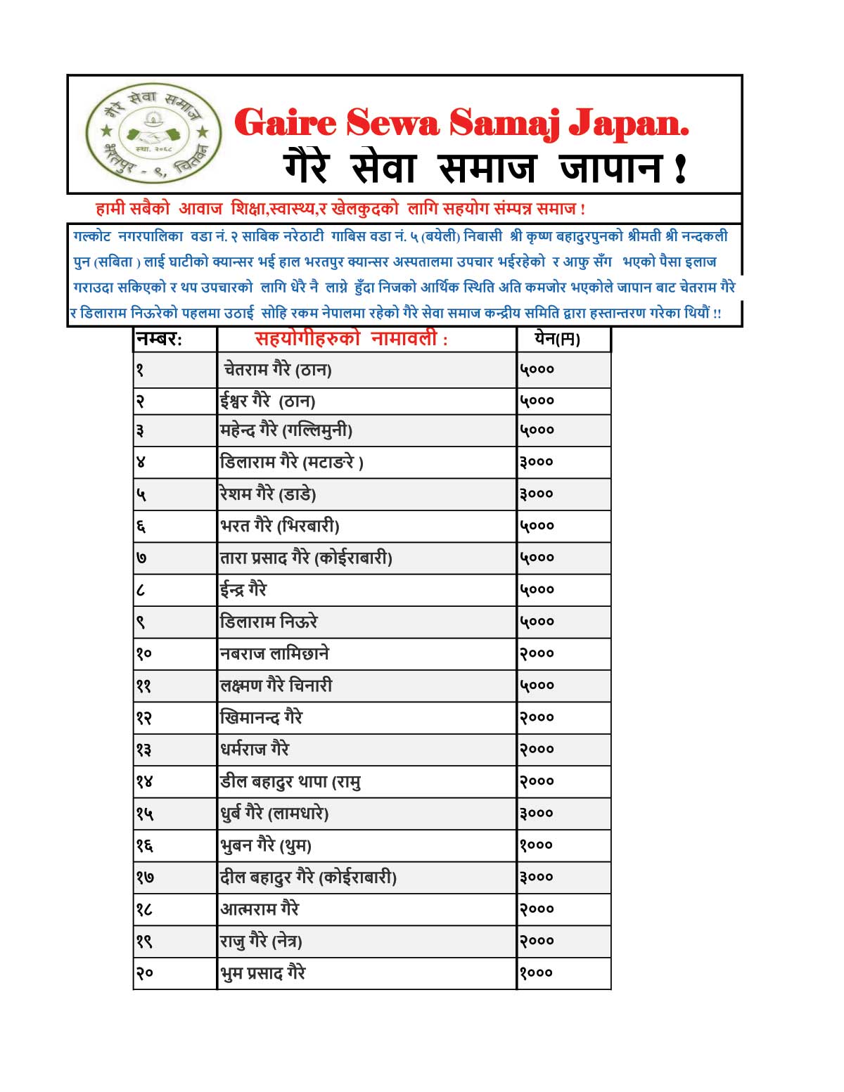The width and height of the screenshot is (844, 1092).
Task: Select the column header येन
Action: [557, 340]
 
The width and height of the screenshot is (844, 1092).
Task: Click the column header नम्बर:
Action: [159, 340]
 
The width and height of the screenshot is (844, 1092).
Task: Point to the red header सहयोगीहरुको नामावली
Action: [351, 340]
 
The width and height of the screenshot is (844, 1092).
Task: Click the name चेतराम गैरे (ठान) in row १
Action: [277, 369]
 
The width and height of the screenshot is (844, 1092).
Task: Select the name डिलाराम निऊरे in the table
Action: [269, 622]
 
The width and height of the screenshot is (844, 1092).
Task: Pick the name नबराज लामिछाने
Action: [274, 654]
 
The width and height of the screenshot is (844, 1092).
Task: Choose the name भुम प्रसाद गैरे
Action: [263, 973]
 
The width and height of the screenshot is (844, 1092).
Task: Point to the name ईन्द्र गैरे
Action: [243, 589]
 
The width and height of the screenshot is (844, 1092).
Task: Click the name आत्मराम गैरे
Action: [260, 909]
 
